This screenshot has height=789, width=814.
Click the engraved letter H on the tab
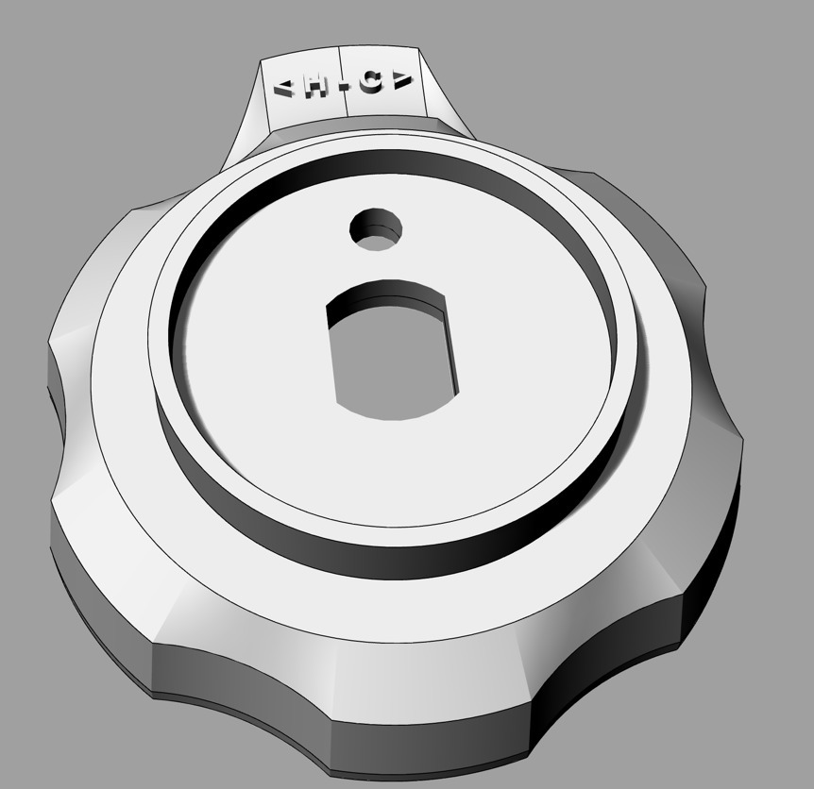tap(315, 89)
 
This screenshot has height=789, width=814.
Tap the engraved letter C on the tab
tap(373, 84)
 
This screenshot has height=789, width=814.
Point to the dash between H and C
tap(344, 87)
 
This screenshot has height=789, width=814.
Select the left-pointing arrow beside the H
tap(284, 90)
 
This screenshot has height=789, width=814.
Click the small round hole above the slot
tap(376, 229)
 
